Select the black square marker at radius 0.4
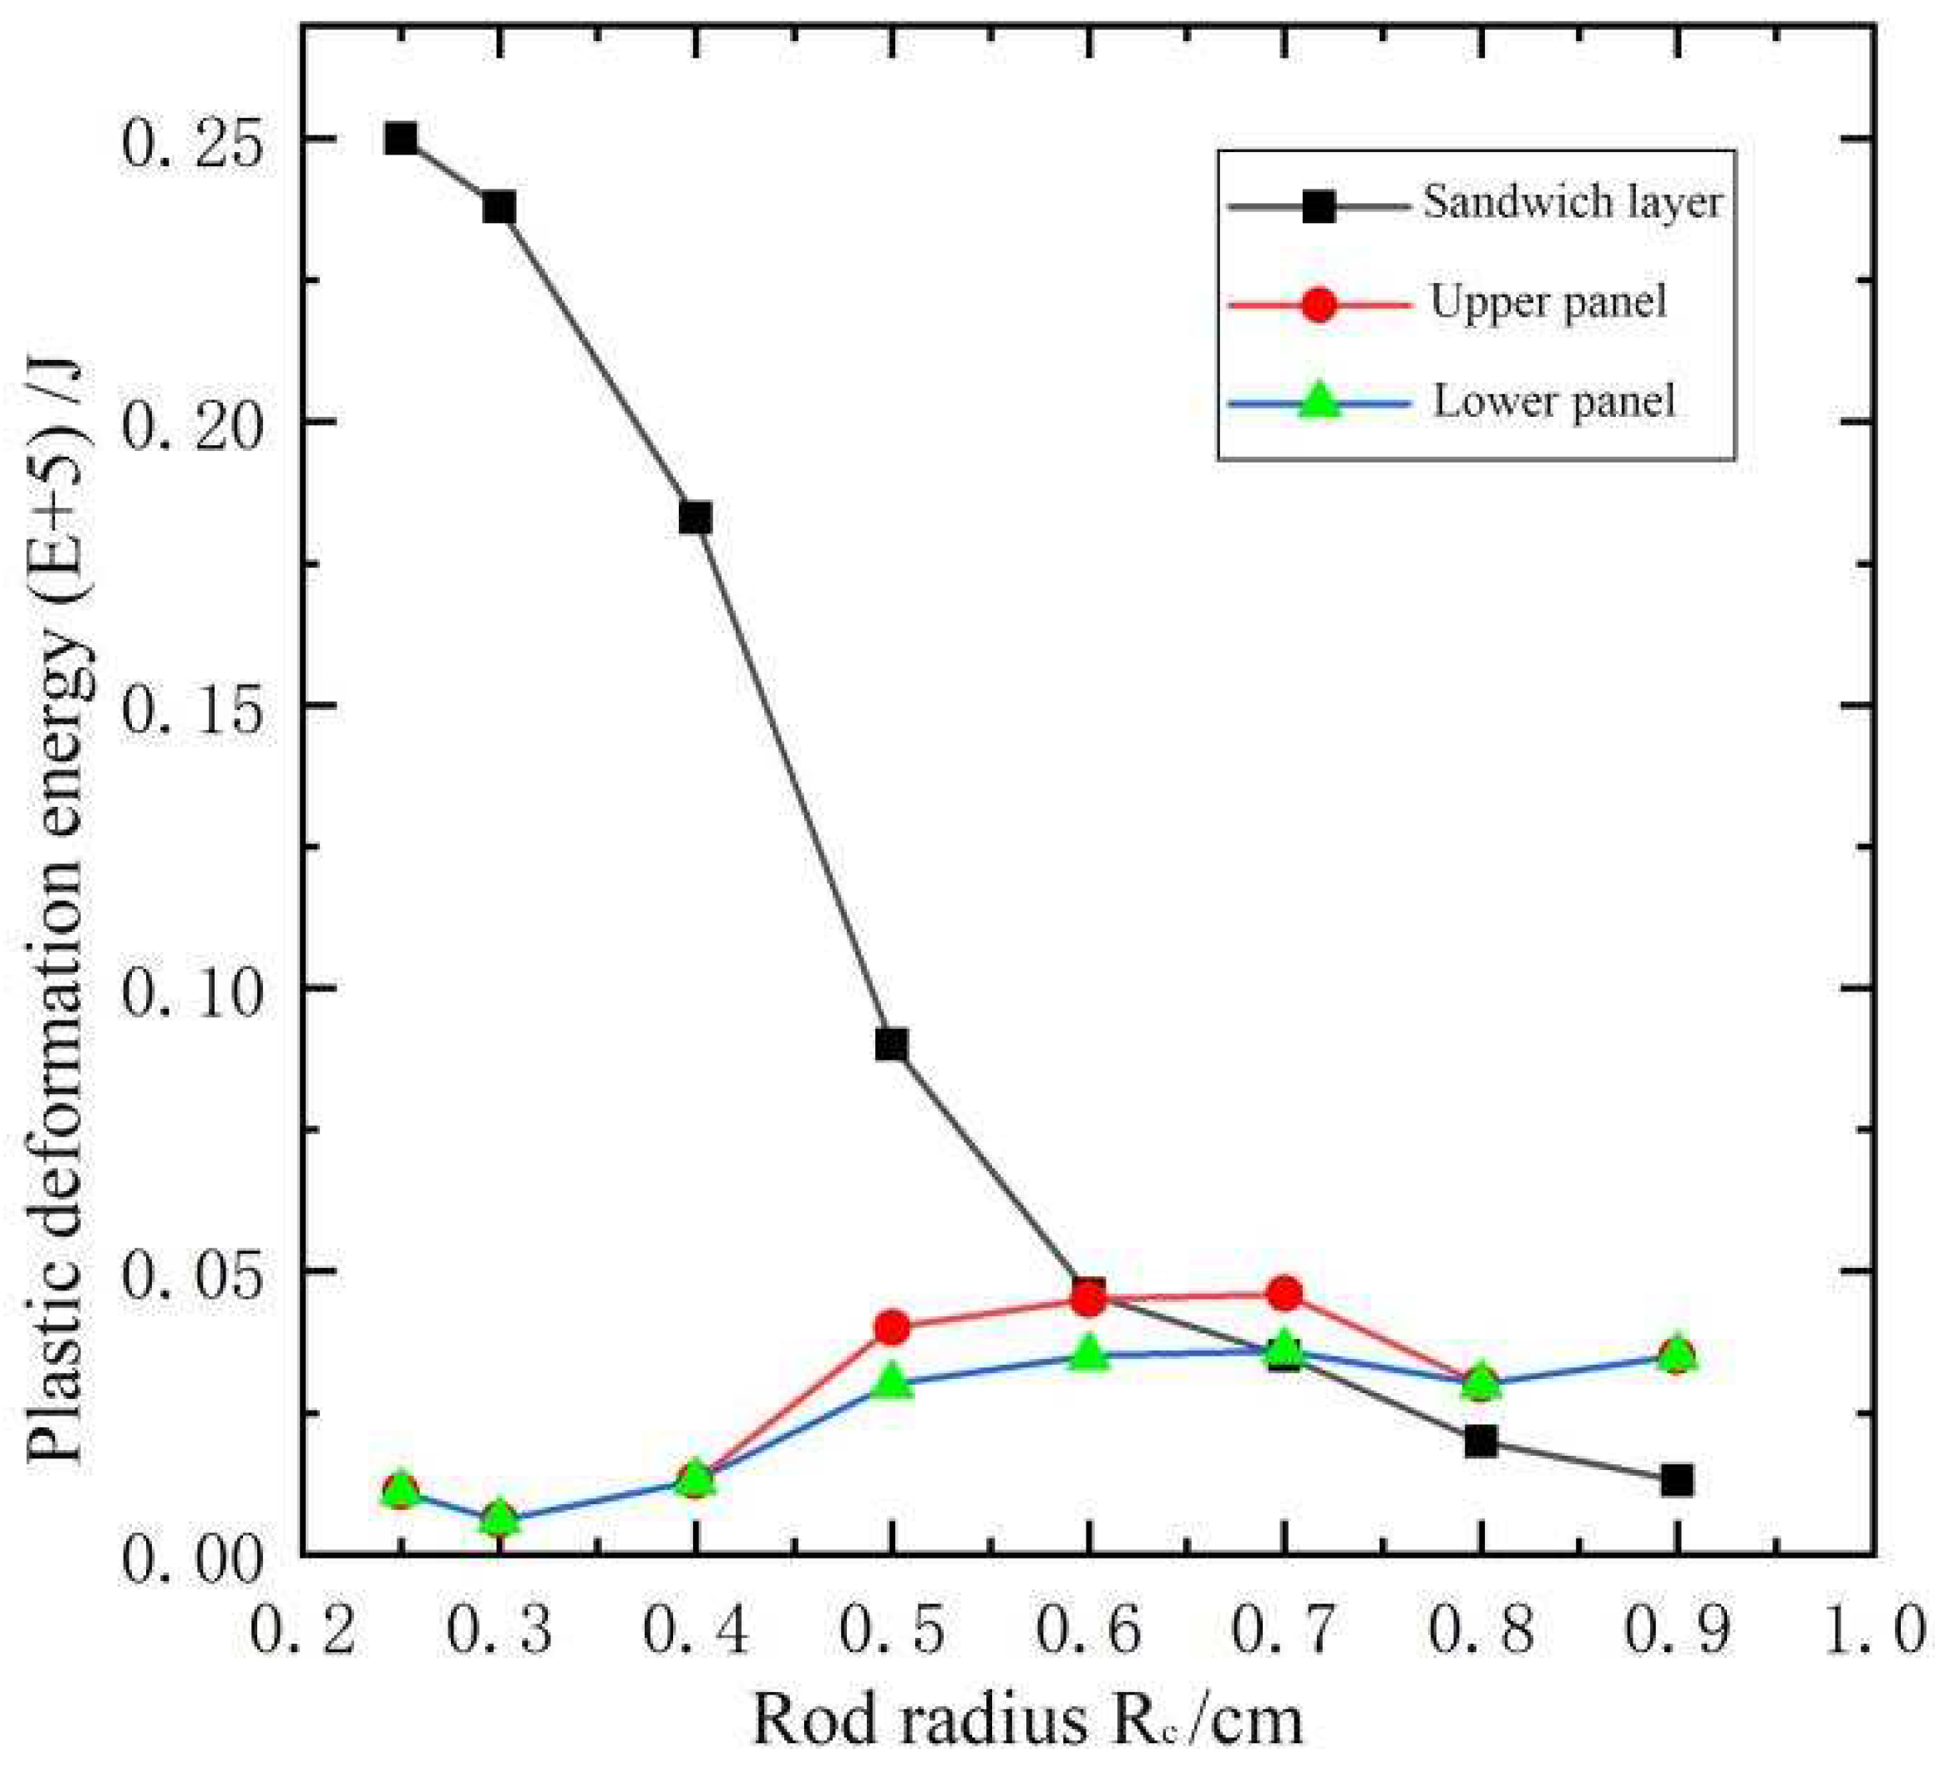click(695, 518)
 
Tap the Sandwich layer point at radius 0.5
click(892, 1044)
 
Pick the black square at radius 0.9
click(1677, 1480)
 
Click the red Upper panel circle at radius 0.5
click(892, 1327)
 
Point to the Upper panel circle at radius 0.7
click(1284, 1292)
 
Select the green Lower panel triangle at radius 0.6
click(1089, 1353)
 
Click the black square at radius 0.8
click(1481, 1442)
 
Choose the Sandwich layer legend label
click(1573, 202)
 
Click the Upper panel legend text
click(1547, 302)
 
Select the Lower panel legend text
click(1553, 400)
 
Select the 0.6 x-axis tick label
click(1089, 1629)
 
